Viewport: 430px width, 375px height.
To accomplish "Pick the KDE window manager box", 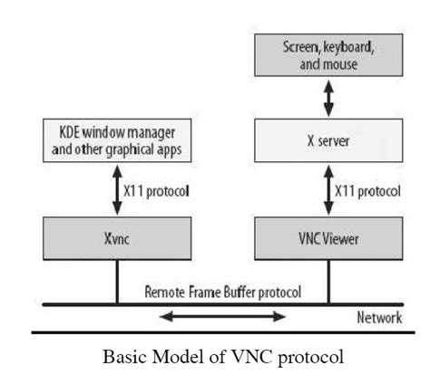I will click(117, 142).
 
